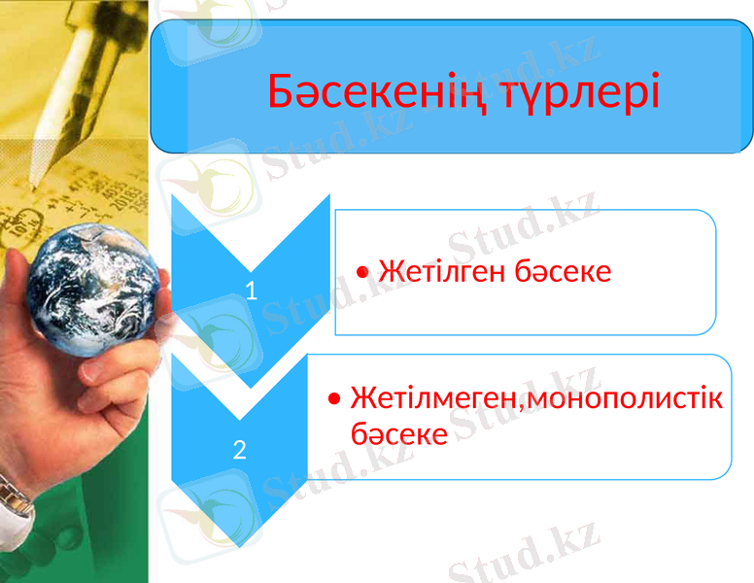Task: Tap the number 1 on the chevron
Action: coord(251,290)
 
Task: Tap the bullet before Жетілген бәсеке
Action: coord(362,272)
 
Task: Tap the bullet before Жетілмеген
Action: coord(335,399)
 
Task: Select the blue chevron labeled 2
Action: coord(240,428)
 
